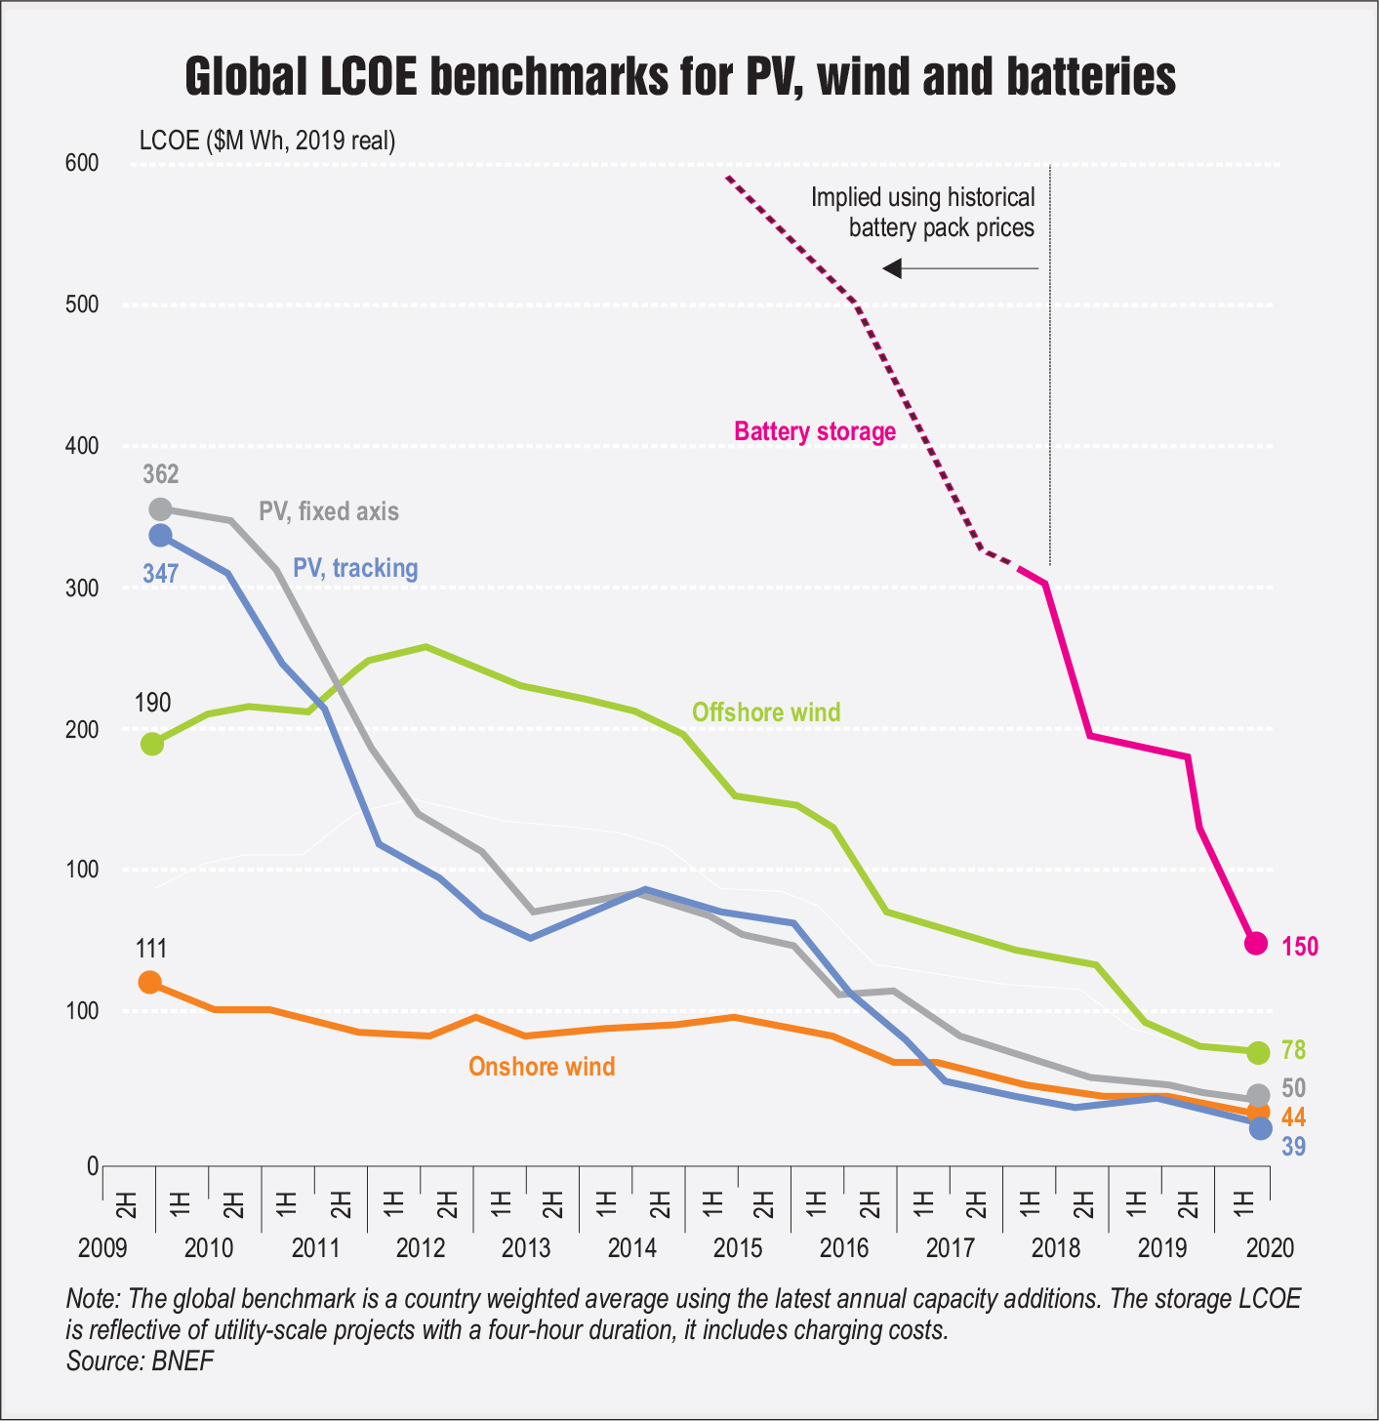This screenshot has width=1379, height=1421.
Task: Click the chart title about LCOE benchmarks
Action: click(680, 77)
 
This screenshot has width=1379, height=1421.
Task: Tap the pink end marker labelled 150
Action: click(1257, 943)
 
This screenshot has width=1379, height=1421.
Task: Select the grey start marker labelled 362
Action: click(160, 509)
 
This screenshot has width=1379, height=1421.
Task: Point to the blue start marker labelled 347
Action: click(160, 535)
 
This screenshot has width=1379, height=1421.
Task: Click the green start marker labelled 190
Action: click(152, 744)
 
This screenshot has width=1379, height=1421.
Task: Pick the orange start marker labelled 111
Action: click(149, 982)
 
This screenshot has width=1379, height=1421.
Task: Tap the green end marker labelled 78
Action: click(1258, 1052)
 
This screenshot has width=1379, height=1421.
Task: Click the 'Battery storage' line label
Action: click(815, 431)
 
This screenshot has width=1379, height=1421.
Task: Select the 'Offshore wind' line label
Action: click(766, 711)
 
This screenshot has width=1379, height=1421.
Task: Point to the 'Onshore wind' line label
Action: click(542, 1066)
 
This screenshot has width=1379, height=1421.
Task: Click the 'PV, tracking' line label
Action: click(355, 568)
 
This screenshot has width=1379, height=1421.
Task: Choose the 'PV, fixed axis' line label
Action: click(329, 511)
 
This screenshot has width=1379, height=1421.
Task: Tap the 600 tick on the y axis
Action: click(83, 163)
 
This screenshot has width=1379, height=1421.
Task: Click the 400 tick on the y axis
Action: click(83, 446)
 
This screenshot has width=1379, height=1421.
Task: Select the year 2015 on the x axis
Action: click(738, 1248)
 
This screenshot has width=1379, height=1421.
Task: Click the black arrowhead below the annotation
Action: click(893, 267)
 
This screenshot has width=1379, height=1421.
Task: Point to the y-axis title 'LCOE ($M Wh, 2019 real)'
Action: click(267, 141)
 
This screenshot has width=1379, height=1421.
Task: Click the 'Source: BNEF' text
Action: click(140, 1360)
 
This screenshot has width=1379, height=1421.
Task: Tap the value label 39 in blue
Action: click(1294, 1147)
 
